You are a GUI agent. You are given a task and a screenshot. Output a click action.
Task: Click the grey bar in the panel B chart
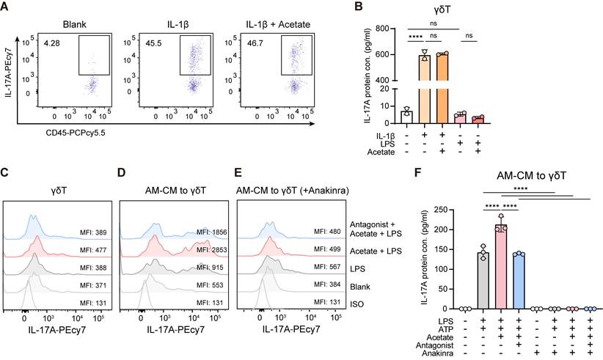[x=408, y=116]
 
